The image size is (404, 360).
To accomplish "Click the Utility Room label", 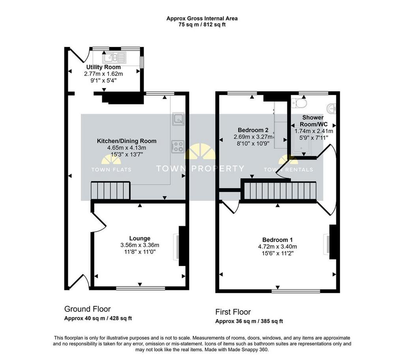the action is coord(103,67).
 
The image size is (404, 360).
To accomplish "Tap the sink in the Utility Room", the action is coord(114,58).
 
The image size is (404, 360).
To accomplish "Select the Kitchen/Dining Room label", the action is coord(127,141).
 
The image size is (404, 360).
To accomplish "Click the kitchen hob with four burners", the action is coord(178,146).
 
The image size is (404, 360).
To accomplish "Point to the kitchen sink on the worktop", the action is coord(178,119).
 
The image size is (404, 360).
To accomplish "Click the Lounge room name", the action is coord(140,238).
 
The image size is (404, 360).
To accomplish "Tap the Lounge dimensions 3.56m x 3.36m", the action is coord(140,245).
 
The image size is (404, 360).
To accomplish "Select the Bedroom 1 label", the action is coord(277,240).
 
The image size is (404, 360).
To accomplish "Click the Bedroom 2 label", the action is coord(253,130).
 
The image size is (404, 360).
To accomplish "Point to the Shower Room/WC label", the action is coord(313,121).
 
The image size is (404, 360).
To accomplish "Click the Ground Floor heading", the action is coord(87,309).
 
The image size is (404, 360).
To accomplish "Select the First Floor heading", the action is coord(233,312).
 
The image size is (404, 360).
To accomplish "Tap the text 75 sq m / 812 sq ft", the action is coord(202,25).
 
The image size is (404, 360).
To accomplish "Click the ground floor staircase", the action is coord(110,191).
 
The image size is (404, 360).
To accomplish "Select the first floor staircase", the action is coord(280,191).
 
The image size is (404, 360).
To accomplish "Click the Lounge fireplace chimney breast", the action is coord(182,246).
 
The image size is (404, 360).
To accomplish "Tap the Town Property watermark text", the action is coord(200,169).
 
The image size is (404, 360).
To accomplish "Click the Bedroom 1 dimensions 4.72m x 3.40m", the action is coord(277,247).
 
